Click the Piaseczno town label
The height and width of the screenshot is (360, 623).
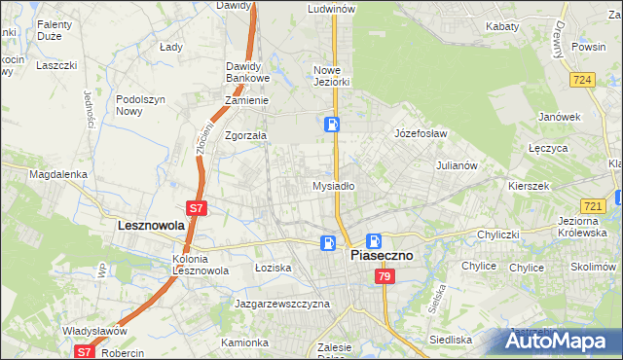tap(381, 256)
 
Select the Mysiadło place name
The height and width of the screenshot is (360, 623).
tap(333, 185)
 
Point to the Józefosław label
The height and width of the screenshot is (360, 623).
tap(420, 132)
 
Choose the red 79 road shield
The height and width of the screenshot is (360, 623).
tap(384, 277)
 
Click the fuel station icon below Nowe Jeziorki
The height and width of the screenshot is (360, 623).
tap(332, 124)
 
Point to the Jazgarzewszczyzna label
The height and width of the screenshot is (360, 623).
tap(282, 304)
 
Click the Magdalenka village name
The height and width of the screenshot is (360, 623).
tap(58, 174)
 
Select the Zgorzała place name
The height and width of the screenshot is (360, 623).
tap(246, 136)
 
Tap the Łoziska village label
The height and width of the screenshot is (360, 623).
tap(274, 267)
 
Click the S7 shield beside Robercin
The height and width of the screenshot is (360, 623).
tap(85, 352)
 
